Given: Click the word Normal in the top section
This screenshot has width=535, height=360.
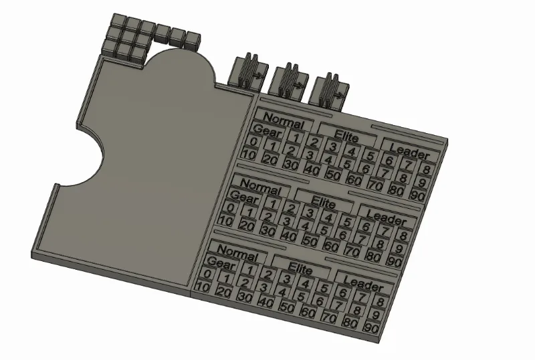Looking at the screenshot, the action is coord(284,121).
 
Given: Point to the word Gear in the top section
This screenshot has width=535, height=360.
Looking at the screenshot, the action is coord(267,132).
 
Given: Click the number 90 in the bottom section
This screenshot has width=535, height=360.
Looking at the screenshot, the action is coord(371,329).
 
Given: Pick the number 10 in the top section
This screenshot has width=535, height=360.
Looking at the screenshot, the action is coord(248,155).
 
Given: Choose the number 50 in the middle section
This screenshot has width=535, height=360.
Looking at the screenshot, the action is coord(310,241).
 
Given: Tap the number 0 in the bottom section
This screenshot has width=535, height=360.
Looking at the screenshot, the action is coord(207,274).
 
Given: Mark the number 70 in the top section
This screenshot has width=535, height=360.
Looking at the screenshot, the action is coord(374,185).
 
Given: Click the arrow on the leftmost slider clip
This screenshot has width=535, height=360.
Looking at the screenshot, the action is coord(257,76).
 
